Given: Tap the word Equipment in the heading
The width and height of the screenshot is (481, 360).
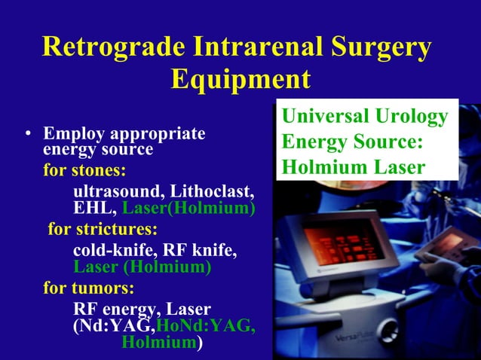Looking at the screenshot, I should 240,79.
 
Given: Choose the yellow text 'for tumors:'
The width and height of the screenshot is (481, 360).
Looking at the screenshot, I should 89,288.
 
